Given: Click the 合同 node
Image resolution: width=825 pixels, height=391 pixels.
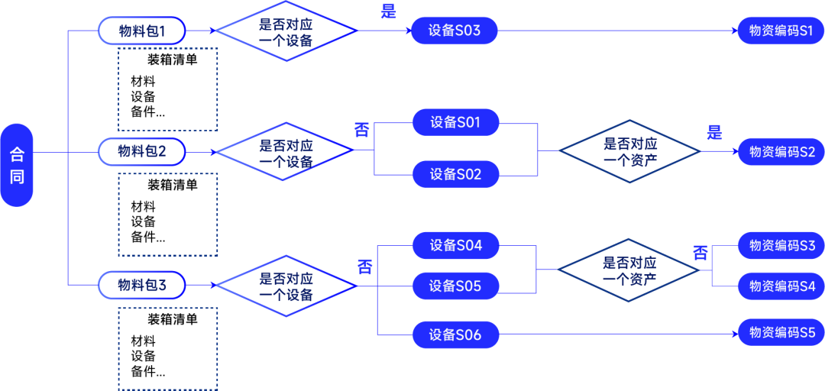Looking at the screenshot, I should coord(17,165).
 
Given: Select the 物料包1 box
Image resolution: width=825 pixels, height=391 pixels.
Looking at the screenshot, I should coord(142,31).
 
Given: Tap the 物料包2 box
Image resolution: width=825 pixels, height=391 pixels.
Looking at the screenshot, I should coord(142,151).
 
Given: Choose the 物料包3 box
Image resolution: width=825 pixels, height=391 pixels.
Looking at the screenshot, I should coord(142,286).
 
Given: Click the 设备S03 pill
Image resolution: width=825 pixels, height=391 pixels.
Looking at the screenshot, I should coord(455,31).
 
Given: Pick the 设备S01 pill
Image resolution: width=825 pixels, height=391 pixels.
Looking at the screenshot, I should coord(456,122).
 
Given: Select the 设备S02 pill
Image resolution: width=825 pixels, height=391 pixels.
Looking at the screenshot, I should coord(456,174).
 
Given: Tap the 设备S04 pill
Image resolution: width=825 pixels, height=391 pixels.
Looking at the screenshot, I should coord(456,245).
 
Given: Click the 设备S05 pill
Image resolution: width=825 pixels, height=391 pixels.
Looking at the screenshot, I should coord(456,286).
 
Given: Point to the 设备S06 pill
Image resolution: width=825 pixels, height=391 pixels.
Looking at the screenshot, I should coord(456,334).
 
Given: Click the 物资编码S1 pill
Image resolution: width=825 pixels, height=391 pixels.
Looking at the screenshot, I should coord(781,31).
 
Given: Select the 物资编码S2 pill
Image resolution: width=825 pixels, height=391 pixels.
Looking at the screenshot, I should coord(781,151).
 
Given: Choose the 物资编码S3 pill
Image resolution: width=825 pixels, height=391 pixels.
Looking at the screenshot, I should coord(781,245).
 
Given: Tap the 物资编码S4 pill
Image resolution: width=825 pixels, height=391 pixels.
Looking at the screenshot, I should coord(781,286).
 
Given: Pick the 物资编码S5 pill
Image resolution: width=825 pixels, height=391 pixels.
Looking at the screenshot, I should coord(781,333).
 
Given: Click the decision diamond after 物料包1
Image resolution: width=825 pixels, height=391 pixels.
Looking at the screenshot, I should coord(286,31).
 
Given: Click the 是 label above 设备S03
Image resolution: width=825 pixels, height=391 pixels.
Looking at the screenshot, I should coord(389,11).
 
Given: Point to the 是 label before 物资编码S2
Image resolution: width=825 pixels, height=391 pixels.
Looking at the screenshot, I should coord(714,132).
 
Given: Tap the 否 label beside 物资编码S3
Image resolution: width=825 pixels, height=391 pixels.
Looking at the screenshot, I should coord(700,253).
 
